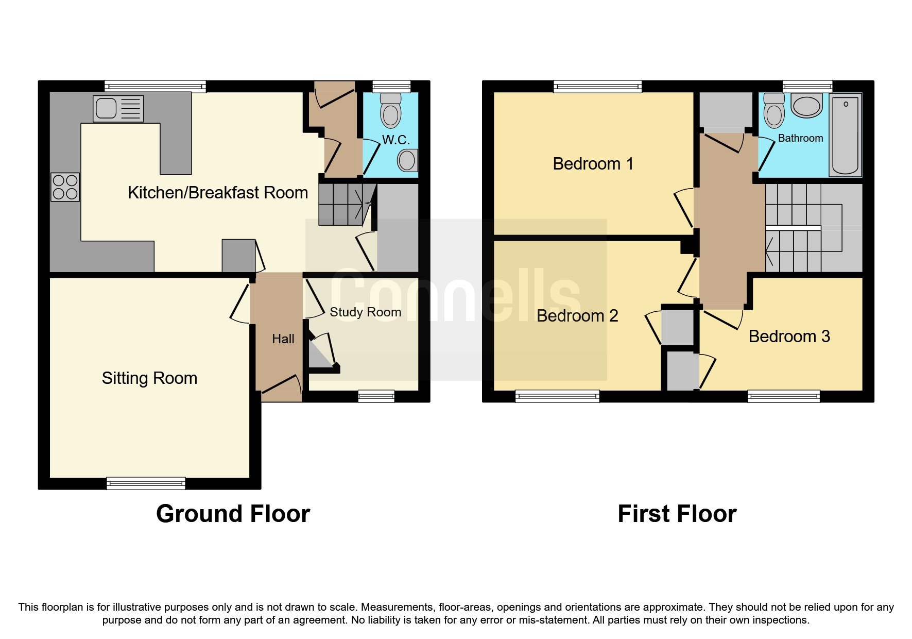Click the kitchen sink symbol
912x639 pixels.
point(118,109)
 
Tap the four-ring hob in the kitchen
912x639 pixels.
point(65,187)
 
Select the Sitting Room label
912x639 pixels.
point(149,378)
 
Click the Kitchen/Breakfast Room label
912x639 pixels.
point(217,193)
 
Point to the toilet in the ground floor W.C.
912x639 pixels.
point(391,111)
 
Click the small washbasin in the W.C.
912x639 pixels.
point(407,160)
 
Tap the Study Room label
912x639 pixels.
point(365,312)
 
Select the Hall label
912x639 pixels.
point(283,339)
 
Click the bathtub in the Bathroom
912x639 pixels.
point(845,135)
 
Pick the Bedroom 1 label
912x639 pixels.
point(593,164)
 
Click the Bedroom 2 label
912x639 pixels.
point(577,316)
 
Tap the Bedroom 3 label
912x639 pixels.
point(789,337)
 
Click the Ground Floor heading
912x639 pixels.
point(233,514)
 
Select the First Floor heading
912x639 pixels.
point(677,514)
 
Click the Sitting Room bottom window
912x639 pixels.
point(146,483)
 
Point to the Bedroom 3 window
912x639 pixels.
point(783,396)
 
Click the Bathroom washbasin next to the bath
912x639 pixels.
point(806,106)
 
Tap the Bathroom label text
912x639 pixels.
point(800,138)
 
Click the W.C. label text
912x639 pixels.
point(395,140)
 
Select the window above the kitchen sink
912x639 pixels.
point(155,86)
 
